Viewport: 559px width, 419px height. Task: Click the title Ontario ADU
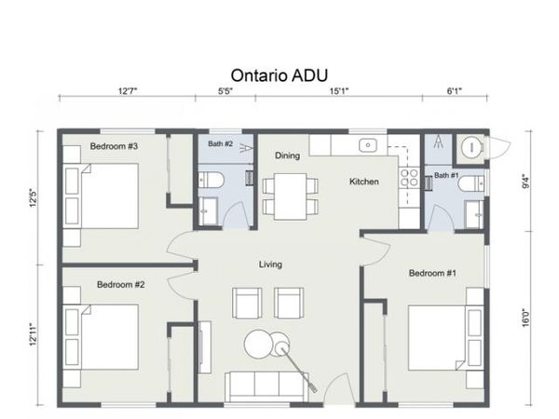(279, 75)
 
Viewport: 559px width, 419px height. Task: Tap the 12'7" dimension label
(128, 91)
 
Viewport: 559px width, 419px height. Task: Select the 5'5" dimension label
(225, 91)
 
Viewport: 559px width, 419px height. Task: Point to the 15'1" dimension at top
(339, 91)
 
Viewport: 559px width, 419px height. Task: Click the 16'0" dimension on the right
(525, 318)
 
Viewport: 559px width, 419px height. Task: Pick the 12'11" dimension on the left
(34, 334)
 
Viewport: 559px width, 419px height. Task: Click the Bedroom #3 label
(114, 146)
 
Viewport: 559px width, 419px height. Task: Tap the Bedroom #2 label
(121, 285)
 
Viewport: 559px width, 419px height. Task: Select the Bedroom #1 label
(432, 273)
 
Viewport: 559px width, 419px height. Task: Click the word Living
(270, 264)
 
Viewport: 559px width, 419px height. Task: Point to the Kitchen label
(364, 182)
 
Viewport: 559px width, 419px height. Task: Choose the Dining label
(287, 155)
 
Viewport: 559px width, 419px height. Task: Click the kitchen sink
(368, 145)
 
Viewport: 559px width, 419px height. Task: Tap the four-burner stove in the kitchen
(409, 178)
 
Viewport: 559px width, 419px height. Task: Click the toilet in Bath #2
(211, 180)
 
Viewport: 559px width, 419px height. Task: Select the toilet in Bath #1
(471, 184)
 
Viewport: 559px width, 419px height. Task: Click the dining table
(290, 196)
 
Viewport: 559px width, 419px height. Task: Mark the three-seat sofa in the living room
(266, 387)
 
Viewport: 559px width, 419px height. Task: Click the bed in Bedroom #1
(446, 338)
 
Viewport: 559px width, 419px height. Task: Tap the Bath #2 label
(220, 144)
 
